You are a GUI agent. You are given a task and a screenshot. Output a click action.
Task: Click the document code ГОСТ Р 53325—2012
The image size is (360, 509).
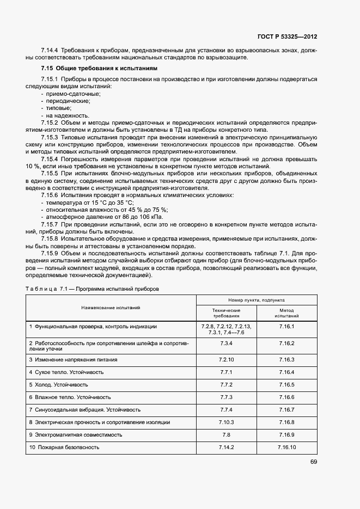pos(287,37)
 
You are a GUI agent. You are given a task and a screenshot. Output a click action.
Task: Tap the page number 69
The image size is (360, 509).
pos(313,462)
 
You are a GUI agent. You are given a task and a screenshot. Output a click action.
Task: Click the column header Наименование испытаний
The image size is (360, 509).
pos(111,308)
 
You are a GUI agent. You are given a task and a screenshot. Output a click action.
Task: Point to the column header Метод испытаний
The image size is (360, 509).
pos(286,312)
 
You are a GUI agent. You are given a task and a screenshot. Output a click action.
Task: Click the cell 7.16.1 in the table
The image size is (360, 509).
pos(286,327)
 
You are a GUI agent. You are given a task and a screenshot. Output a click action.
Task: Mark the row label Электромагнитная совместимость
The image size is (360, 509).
pos(78,434)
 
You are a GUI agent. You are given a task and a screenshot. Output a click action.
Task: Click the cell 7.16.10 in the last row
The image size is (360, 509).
pos(286,447)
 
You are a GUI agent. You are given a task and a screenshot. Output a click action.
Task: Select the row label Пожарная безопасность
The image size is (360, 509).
pos(67,447)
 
